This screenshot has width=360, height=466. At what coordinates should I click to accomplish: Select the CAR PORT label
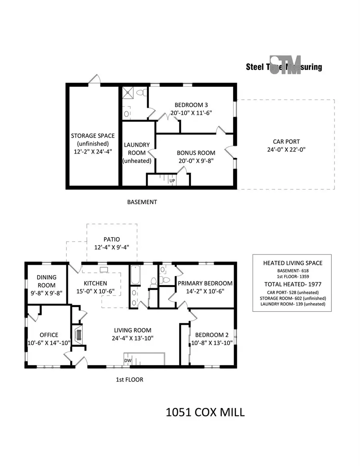point(286,142)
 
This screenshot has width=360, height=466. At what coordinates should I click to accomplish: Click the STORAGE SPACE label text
point(93,136)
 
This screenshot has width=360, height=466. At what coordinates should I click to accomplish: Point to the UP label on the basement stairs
point(173,181)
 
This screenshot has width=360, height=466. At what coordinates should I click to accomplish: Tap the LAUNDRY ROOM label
point(137,145)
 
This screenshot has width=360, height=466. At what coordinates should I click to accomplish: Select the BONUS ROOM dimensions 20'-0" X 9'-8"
point(196,161)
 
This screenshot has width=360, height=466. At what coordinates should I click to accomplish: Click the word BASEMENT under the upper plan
point(142,202)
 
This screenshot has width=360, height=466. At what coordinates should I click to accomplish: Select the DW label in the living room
point(128,360)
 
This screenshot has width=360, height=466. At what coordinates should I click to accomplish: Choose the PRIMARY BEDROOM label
point(205,283)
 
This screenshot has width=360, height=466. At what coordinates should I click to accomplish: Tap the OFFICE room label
point(49,335)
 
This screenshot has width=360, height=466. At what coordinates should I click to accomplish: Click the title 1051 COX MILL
point(205,412)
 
